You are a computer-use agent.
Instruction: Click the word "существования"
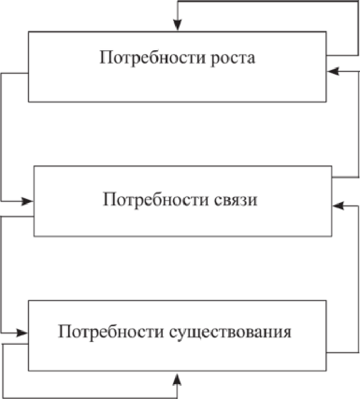click(x=230, y=331)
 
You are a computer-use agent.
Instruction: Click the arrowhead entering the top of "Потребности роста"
click(x=178, y=25)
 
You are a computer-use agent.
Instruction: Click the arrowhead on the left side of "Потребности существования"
click(x=23, y=332)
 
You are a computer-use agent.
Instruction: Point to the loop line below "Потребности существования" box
click(x=89, y=397)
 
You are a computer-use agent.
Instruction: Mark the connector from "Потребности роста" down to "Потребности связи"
click(x=1, y=138)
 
